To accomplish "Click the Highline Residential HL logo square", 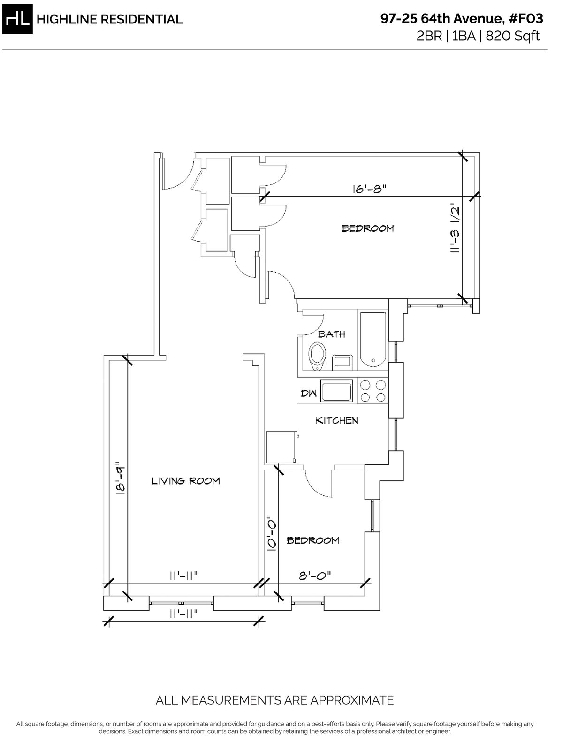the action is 17,19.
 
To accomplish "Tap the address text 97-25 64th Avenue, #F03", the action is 462,19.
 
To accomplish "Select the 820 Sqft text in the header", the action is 513,36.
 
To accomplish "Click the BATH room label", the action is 332,334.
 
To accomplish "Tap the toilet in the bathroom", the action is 317,356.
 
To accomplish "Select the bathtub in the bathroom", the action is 373,340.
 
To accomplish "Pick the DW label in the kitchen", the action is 309,393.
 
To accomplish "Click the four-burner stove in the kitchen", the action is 373,391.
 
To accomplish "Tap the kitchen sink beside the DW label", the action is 337,391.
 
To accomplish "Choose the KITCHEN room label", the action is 337,420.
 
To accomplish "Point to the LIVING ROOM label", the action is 186,481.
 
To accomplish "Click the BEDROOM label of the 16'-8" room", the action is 368,228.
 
